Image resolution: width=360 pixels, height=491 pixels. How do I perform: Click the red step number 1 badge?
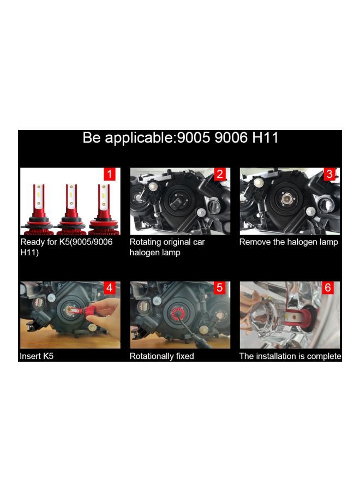[x=110, y=175]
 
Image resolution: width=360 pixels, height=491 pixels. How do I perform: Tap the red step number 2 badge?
[x=220, y=175]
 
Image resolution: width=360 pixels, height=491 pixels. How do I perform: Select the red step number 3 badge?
[x=329, y=175]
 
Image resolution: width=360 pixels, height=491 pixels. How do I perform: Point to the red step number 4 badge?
[x=110, y=288]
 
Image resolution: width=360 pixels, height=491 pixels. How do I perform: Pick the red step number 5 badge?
[x=220, y=288]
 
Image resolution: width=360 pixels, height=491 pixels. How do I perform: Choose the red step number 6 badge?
[x=329, y=288]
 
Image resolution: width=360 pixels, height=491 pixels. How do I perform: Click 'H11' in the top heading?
[x=265, y=138]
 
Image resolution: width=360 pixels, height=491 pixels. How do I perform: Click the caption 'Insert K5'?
[x=37, y=356]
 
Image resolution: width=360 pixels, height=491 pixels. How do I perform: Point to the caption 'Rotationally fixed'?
[x=161, y=356]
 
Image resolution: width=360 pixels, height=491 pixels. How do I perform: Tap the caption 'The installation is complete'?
[x=290, y=356]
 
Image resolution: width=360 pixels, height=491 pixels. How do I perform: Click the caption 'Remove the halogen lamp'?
[x=289, y=242]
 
